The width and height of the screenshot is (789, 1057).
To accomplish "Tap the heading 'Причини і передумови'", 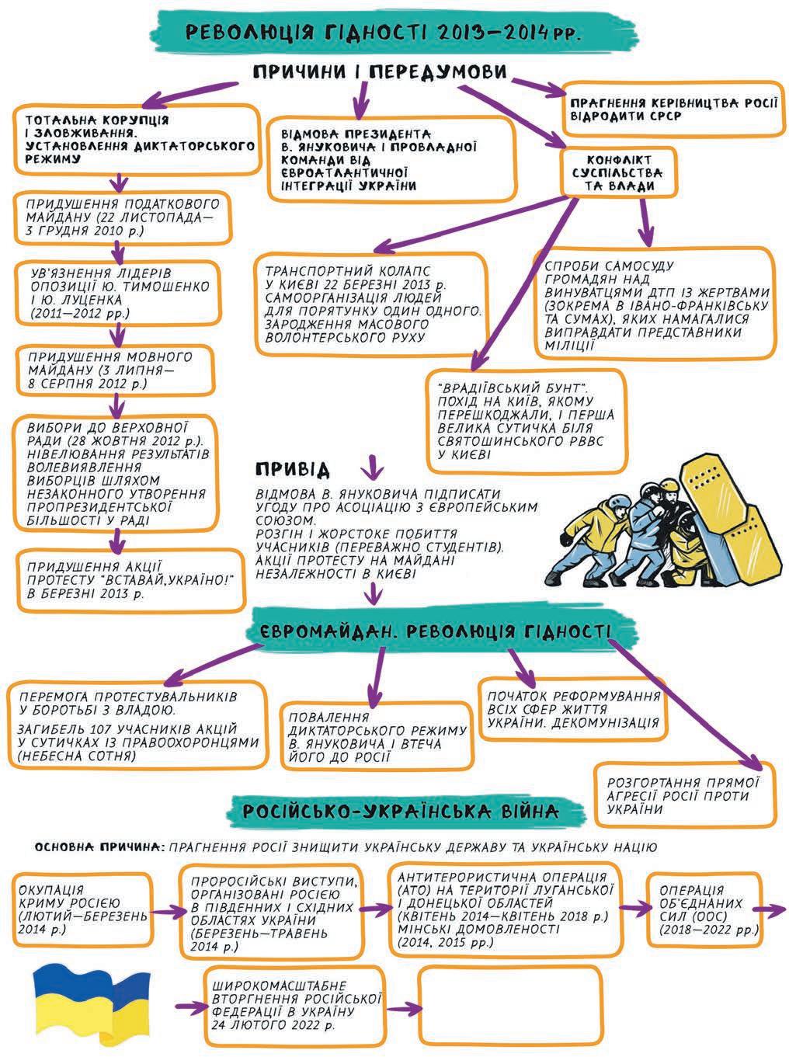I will coord(380,72).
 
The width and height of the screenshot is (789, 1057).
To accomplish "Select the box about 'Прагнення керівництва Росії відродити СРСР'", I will coord(671,110).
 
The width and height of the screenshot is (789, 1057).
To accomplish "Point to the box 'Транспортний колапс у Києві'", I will coord(373,304).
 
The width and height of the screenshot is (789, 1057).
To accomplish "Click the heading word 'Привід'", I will coord(292,470).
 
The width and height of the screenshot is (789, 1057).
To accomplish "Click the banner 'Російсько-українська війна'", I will coord(399,812).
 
